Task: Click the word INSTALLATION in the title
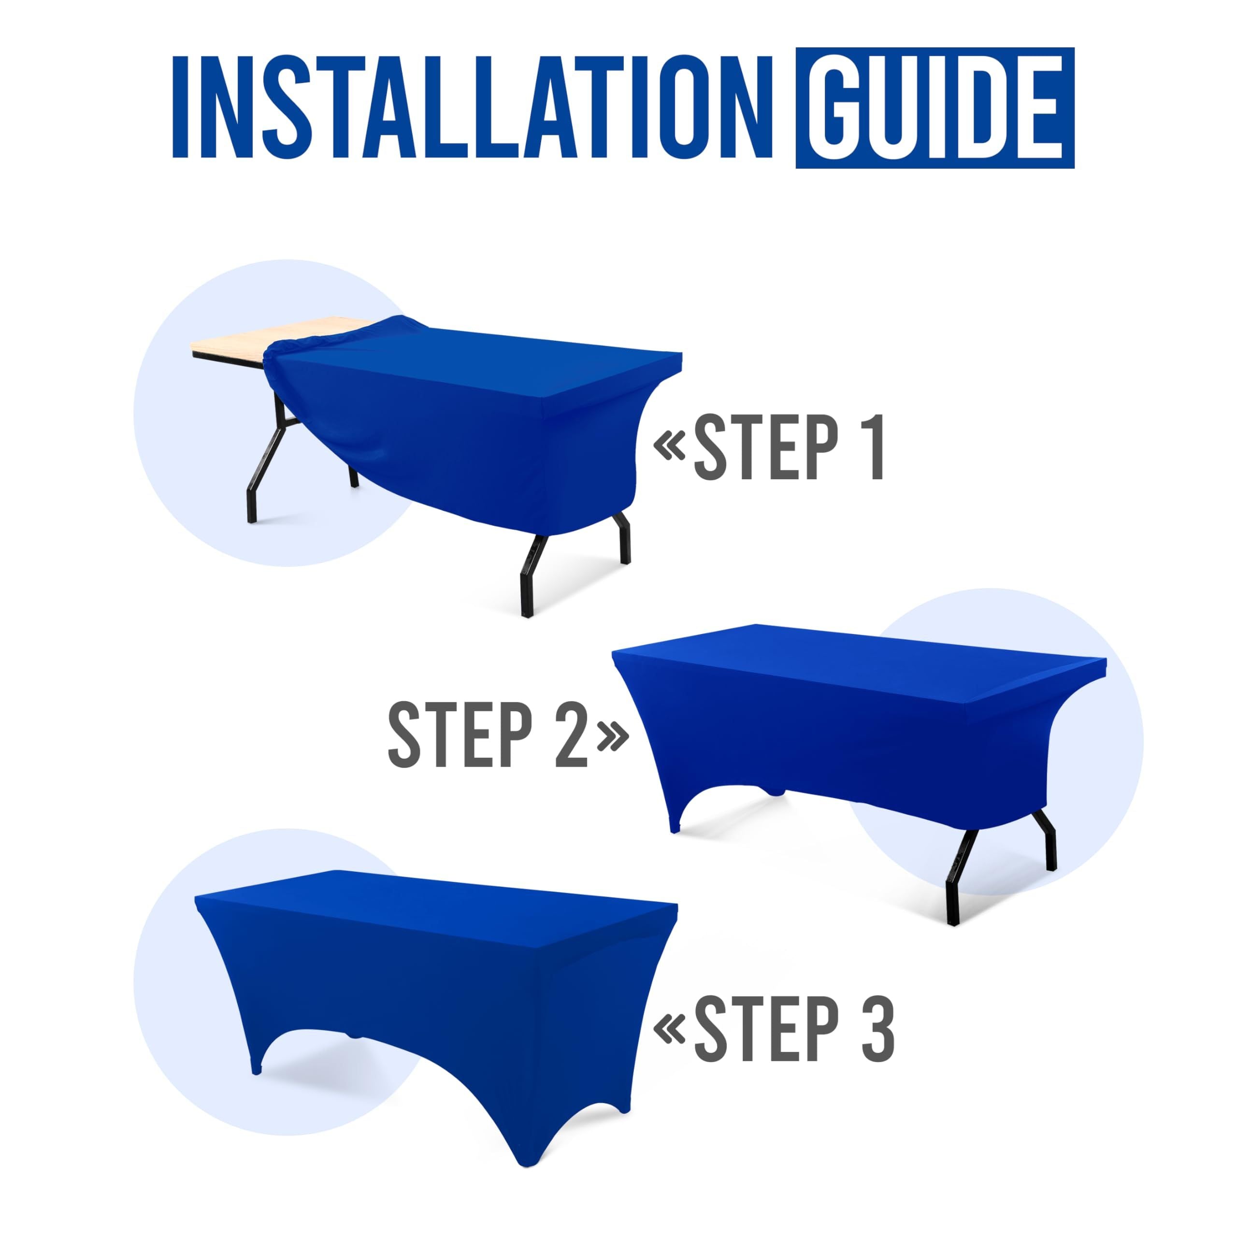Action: tap(473, 107)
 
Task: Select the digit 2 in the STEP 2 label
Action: tap(571, 734)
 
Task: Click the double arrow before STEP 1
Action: tap(670, 446)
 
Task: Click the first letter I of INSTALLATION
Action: tap(179, 107)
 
